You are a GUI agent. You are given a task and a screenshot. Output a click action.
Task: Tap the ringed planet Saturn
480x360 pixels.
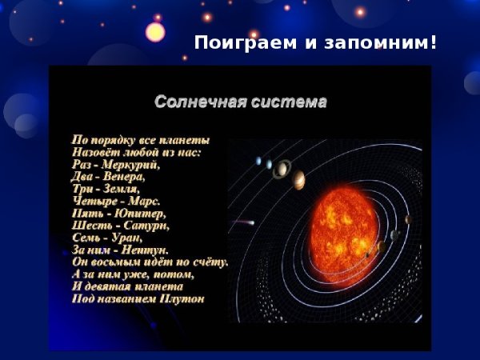[x=281, y=168]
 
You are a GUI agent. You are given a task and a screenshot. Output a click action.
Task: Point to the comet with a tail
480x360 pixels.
[x=244, y=222]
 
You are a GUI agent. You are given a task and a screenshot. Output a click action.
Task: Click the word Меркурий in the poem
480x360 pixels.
[x=130, y=165]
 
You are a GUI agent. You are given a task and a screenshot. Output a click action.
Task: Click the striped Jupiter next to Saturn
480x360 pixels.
[x=298, y=179]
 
